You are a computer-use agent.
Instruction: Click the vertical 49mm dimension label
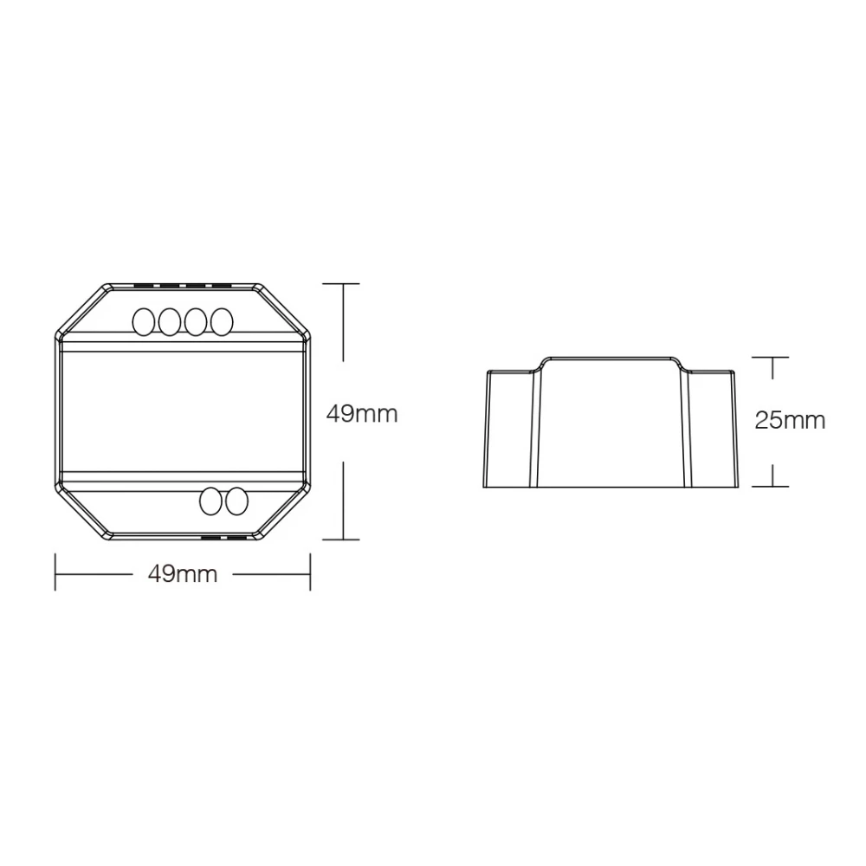[361, 414]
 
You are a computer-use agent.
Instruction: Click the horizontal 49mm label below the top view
[182, 573]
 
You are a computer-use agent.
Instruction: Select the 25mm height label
[790, 421]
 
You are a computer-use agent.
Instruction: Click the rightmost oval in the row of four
[223, 321]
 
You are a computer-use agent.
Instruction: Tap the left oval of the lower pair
[210, 501]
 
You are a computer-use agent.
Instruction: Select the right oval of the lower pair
[236, 501]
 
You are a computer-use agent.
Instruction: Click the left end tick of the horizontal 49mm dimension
[55, 572]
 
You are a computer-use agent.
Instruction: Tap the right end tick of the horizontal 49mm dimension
[310, 572]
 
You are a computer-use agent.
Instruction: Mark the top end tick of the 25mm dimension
[772, 356]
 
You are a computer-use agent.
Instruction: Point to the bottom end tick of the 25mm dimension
[772, 486]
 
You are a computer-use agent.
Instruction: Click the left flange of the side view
[509, 429]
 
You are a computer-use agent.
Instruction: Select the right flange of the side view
[713, 429]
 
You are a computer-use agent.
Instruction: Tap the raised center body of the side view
[611, 420]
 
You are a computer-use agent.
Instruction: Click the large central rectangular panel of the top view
[183, 411]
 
